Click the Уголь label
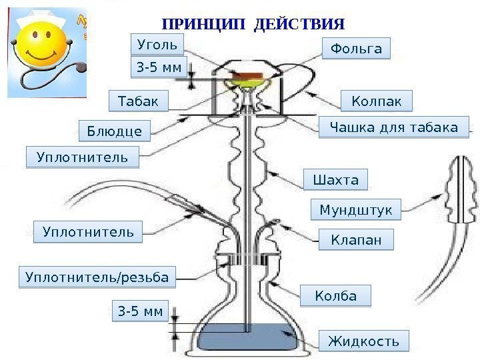[157, 45]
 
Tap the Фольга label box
[356, 49]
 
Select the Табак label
[139, 102]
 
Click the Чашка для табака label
[389, 127]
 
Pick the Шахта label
[335, 180]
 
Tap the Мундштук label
[356, 211]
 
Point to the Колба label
[335, 295]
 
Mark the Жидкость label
[363, 341]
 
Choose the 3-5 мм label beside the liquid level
[141, 311]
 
